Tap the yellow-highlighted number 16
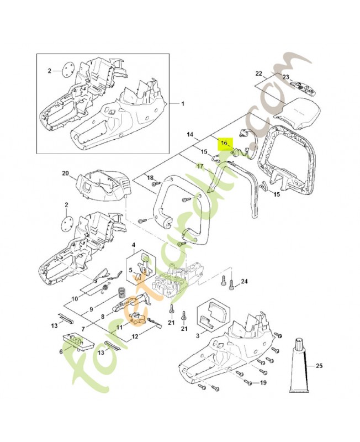224,143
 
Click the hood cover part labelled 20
103,185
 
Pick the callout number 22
258,73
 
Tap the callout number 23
285,77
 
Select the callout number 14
190,134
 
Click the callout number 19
263,382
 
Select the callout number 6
61,351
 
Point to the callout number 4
133,245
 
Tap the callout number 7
83,329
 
